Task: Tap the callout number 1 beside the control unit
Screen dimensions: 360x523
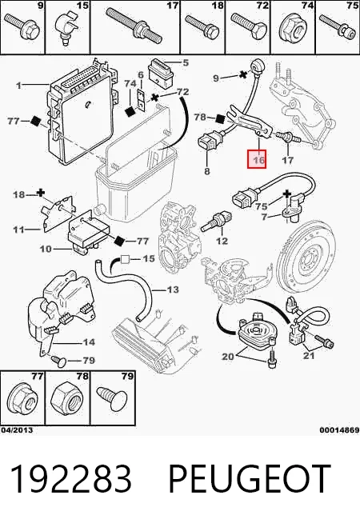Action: (x=19, y=86)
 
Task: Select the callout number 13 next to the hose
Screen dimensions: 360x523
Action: (x=173, y=289)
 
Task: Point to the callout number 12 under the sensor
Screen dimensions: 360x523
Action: (x=222, y=241)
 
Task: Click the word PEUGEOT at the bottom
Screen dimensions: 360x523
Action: (x=250, y=479)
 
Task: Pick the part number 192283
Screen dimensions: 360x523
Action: (x=70, y=479)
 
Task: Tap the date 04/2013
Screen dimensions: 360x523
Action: (x=17, y=430)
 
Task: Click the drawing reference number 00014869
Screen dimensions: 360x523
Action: (x=339, y=430)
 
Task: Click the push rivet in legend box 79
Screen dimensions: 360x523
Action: (x=111, y=399)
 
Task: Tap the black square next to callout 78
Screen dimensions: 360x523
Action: (x=220, y=118)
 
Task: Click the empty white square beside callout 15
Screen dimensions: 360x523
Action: (x=125, y=259)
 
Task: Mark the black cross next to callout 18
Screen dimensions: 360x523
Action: (x=41, y=193)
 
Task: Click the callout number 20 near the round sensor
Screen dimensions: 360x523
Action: (x=228, y=357)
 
